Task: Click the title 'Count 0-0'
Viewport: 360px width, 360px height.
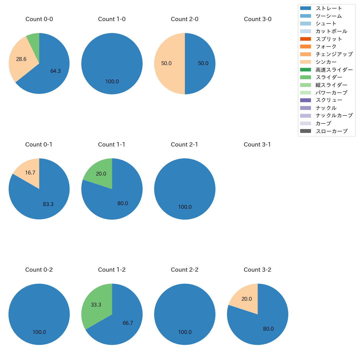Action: (x=39, y=19)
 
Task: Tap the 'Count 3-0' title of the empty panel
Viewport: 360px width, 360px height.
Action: (x=258, y=19)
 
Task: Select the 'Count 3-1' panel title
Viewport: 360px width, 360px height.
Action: (x=257, y=145)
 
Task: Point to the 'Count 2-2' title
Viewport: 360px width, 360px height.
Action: (x=184, y=270)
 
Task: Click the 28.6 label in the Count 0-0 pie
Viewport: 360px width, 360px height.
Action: (x=21, y=59)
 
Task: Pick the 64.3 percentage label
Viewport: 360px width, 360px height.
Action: (x=55, y=71)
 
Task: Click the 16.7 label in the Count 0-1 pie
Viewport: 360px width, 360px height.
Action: (x=30, y=173)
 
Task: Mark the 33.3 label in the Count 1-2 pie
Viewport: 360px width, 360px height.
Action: (x=96, y=305)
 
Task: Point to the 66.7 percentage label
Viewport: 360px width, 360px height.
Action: (x=128, y=323)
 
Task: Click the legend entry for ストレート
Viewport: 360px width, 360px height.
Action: (x=329, y=8)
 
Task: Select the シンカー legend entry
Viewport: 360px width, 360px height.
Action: (x=326, y=62)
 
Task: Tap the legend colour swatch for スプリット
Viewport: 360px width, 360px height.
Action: (x=305, y=39)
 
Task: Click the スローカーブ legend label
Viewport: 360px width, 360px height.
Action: (x=331, y=131)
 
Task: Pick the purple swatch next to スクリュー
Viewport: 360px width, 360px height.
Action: (x=305, y=100)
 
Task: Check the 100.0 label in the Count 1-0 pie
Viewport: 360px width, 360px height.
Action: (x=112, y=82)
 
